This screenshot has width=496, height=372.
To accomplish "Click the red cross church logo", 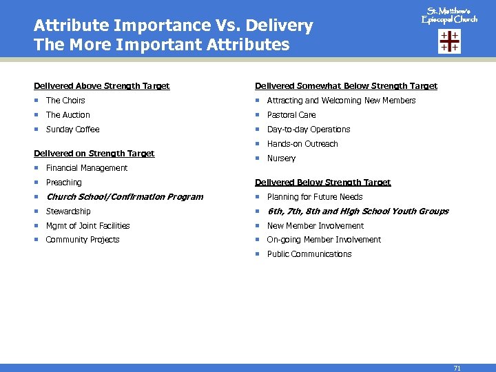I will [449, 41].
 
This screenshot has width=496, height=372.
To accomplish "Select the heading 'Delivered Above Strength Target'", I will [102, 86].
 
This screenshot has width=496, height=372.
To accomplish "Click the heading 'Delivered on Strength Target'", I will [94, 153].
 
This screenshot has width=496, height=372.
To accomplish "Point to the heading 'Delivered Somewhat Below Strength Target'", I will [346, 86].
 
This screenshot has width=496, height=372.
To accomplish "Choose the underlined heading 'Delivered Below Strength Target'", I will [322, 183].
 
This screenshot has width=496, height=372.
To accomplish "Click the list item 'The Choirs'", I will [65, 101].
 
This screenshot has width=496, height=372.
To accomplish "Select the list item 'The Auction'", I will [68, 115].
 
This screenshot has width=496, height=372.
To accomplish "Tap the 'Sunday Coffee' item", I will [72, 130].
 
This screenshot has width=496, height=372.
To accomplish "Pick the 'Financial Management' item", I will [86, 168].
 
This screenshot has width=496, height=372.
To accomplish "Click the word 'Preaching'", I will [63, 183].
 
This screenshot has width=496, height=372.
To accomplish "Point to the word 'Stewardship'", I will [68, 211].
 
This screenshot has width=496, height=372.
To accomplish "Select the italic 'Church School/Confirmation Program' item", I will [124, 197].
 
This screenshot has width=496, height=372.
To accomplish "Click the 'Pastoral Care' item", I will [291, 115].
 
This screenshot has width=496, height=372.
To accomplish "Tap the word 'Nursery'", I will [281, 158].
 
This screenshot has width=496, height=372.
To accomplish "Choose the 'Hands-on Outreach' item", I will [302, 144].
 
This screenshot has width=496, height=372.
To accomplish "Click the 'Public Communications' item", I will [309, 254].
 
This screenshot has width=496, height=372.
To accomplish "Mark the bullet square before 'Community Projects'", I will [37, 240].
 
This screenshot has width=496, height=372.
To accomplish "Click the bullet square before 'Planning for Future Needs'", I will [258, 197].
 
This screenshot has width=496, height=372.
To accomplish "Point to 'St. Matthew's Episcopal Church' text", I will [449, 15].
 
